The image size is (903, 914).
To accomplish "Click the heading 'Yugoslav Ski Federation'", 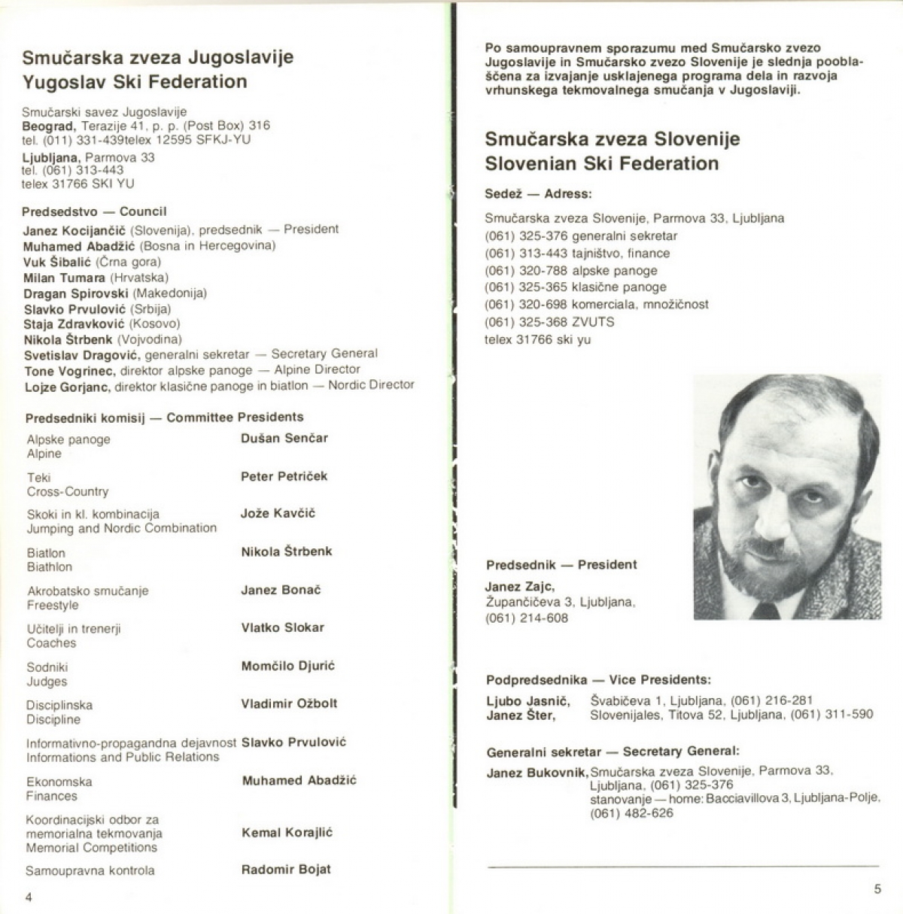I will pyautogui.click(x=135, y=81).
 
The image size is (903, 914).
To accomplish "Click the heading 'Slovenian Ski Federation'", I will pyautogui.click(x=601, y=163).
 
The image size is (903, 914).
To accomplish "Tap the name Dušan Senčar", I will pyautogui.click(x=284, y=438).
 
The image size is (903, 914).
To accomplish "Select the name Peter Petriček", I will pyautogui.click(x=284, y=476).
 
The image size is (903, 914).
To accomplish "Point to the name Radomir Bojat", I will pyautogui.click(x=285, y=870).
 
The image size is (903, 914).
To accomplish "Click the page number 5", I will pyautogui.click(x=877, y=889).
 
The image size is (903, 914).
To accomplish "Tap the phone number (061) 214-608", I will pyautogui.click(x=527, y=618).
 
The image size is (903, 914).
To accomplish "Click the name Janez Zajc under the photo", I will pyautogui.click(x=520, y=587).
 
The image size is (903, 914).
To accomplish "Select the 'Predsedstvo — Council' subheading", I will pyautogui.click(x=94, y=211).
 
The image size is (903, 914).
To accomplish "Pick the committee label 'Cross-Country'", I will pyautogui.click(x=68, y=491).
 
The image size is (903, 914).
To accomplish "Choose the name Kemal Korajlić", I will pyautogui.click(x=287, y=833).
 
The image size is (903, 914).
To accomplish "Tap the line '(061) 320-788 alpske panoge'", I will pyautogui.click(x=571, y=270).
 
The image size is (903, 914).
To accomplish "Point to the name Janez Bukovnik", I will pyautogui.click(x=537, y=773).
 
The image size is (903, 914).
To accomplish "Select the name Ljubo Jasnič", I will pyautogui.click(x=528, y=701).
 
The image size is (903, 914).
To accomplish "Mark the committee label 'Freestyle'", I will pyautogui.click(x=53, y=605).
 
